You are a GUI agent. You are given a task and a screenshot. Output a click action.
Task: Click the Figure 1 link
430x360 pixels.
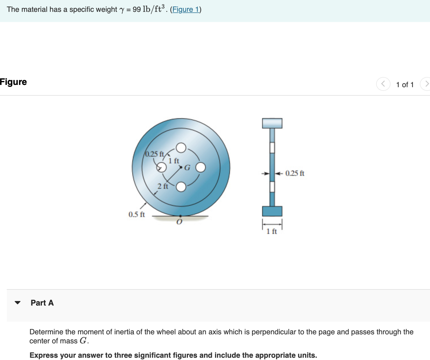coord(186,10)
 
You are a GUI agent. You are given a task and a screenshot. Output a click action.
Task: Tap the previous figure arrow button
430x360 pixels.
coord(383,84)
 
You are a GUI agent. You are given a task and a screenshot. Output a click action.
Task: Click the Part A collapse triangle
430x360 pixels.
coord(18,303)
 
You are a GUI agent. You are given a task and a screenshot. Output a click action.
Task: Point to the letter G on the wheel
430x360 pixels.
coord(187,168)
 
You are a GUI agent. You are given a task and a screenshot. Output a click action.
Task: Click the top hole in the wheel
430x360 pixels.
coord(181,148)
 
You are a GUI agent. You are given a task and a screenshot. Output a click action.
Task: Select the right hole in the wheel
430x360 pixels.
coord(201,167)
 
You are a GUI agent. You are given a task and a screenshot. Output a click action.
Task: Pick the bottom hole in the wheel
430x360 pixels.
coord(181,187)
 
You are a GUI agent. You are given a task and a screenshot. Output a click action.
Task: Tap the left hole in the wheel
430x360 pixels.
coord(162,167)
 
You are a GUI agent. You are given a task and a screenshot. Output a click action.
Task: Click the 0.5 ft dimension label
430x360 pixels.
coord(137,214)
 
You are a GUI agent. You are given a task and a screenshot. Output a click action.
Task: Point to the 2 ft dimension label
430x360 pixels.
coord(163,186)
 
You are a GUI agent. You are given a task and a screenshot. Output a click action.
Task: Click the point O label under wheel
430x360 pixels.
coord(179,222)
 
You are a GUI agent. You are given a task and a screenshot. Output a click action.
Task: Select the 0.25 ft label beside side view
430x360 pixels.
coord(295,173)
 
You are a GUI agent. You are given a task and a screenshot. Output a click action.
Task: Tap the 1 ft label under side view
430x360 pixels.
coord(272,232)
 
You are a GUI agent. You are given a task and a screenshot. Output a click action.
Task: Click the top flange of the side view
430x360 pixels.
coord(272,123)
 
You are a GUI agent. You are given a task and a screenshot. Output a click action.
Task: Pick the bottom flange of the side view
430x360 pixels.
coord(272,211)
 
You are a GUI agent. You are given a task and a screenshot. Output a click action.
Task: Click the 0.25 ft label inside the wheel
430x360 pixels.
coord(154,154)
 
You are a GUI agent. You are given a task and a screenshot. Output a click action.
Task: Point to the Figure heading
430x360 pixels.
coord(13,82)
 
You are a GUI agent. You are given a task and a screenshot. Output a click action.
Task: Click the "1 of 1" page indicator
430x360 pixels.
coord(405,85)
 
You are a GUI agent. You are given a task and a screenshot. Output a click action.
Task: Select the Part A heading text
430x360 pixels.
coord(42,303)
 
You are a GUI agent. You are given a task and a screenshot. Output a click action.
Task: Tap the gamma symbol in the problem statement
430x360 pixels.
coord(122,10)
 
